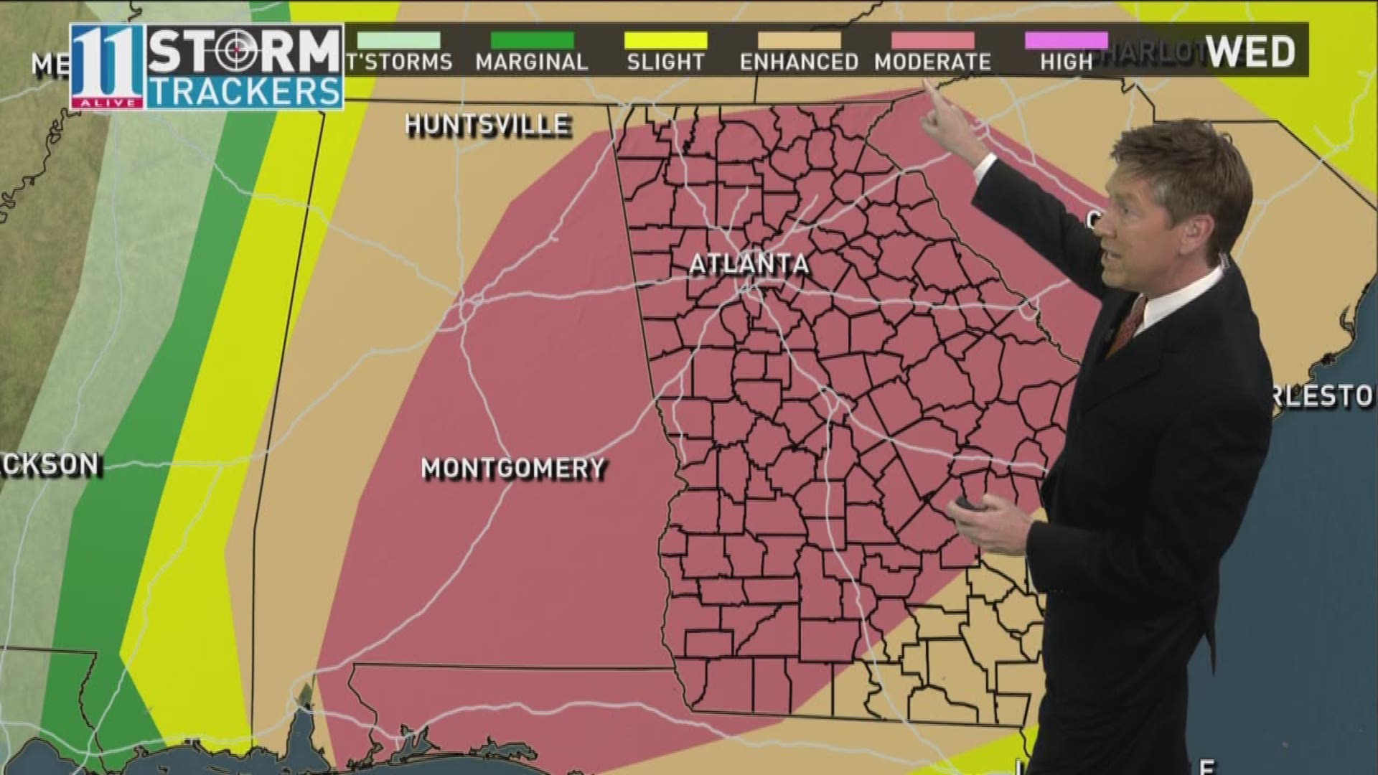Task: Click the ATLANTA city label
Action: [749, 264]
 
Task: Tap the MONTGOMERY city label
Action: [513, 469]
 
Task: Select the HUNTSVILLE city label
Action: [488, 126]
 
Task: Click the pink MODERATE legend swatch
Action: [932, 40]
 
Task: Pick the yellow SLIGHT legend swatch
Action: [665, 40]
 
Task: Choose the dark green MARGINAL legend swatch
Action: [532, 40]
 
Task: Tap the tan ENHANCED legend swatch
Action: [799, 40]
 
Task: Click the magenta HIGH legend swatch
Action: [1066, 40]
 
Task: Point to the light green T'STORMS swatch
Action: [399, 40]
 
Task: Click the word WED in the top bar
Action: [1250, 51]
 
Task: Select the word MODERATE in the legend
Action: [932, 62]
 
